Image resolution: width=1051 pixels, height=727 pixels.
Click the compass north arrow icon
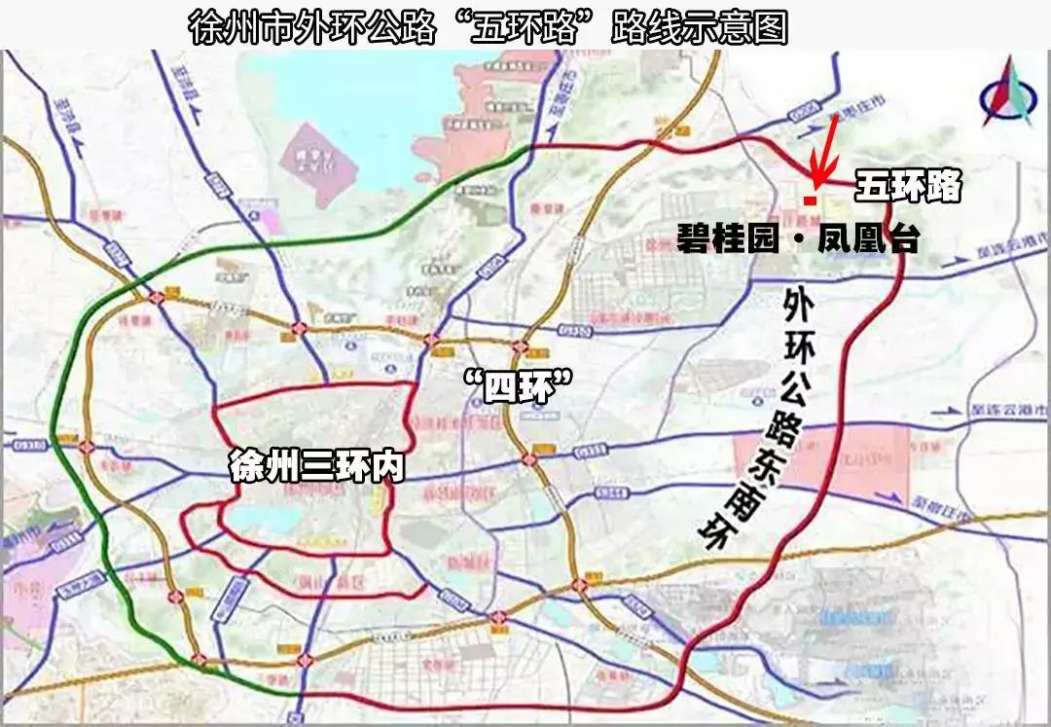[x=1008, y=95]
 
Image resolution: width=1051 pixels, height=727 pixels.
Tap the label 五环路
[x=908, y=186]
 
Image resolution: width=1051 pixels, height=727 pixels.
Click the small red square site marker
[x=810, y=200]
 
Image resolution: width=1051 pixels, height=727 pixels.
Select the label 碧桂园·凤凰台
[x=797, y=238]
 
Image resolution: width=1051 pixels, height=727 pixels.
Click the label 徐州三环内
[x=316, y=466]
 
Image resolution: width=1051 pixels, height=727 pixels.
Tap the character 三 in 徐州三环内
[x=317, y=466]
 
